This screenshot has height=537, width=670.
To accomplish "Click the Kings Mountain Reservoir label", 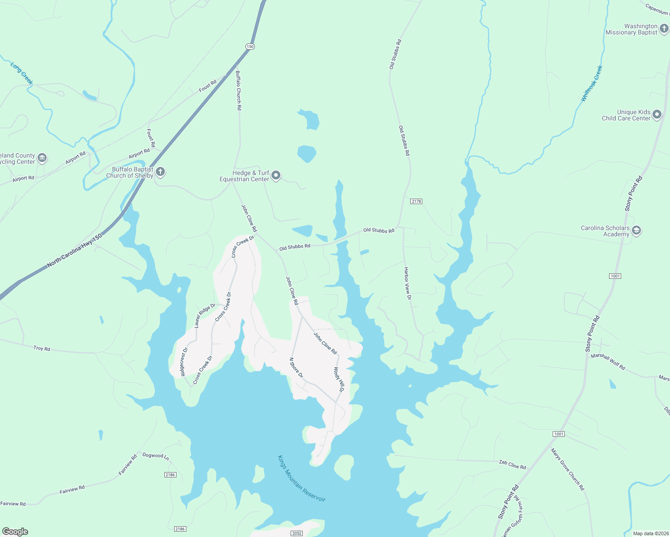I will (x=301, y=479).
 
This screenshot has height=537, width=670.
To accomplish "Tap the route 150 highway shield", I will (x=250, y=47).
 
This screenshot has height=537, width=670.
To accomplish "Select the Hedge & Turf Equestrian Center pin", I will (x=276, y=175).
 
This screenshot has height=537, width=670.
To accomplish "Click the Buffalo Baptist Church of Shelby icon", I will (x=160, y=172).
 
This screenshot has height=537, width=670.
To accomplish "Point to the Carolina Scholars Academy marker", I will (x=636, y=231).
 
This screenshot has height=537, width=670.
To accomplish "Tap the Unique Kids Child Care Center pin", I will (x=657, y=115).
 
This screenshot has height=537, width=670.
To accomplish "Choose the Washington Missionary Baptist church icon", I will (x=664, y=30).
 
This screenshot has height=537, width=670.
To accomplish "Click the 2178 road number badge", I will (x=416, y=201).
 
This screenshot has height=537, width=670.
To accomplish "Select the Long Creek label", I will (x=22, y=73).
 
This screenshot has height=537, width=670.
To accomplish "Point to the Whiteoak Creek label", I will (x=592, y=83).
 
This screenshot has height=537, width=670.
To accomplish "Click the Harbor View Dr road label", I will (x=407, y=281).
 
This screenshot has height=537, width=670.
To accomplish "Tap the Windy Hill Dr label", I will (x=339, y=380).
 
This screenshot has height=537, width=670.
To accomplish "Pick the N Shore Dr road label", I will (x=296, y=367).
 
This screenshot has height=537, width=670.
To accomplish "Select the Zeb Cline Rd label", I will (x=512, y=465).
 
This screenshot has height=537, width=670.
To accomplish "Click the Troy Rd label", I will (x=42, y=348).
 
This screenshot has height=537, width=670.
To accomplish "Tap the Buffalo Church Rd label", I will (x=238, y=90).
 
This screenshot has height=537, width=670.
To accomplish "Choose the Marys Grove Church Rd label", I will (x=568, y=469).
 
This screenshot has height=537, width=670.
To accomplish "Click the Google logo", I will (x=15, y=532).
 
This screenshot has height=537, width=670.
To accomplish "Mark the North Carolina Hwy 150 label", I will (x=74, y=251).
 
